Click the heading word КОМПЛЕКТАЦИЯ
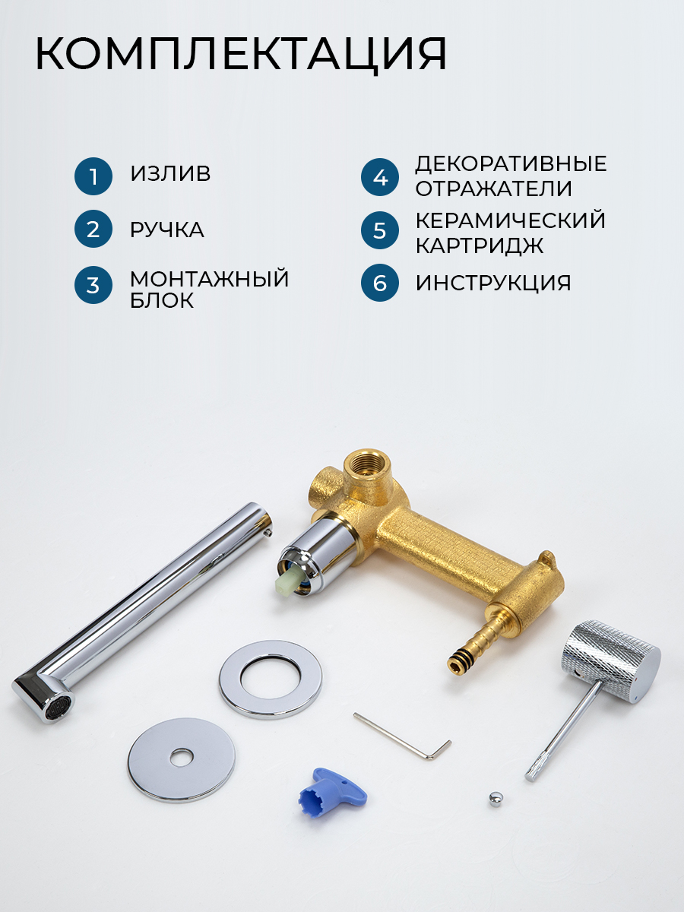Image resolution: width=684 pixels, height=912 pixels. coord(241,54)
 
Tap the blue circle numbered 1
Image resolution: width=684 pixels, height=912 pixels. coord(93,176)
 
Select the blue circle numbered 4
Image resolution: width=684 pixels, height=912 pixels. coord(379,177)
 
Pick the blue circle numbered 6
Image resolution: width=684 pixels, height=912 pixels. coord(379,283)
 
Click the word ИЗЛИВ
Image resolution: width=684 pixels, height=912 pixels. coord(170,173)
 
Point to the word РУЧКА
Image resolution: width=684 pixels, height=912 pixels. coord(167,230)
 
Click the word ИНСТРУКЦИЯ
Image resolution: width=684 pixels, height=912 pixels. coord(493,283)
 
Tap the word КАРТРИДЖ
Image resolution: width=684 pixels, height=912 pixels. coord(480,245)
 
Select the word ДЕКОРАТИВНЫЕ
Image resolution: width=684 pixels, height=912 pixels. coord(511,164)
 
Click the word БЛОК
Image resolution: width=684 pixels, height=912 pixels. coord(162,300)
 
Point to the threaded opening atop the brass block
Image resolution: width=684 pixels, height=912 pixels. coord(367,462)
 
